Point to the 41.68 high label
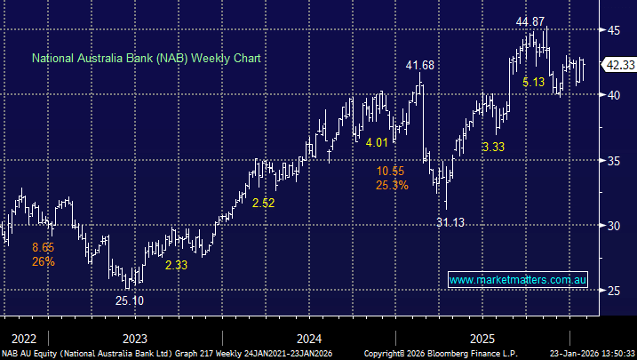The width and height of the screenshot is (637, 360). pos(419,66)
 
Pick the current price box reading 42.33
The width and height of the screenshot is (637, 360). pos(618,64)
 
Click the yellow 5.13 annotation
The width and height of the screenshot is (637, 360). pos(534,82)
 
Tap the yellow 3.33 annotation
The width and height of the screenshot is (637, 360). pos(493,146)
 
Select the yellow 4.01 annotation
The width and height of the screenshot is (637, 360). pos(377,142)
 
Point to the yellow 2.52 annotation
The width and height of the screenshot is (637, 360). pos(264,203)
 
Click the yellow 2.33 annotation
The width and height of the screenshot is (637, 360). pos(175,264)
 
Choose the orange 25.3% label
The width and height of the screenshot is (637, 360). pos(392,186)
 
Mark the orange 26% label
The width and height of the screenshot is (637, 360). pos(44,262)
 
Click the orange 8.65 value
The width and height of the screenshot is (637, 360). pos(44,248)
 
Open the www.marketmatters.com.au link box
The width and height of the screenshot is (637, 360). pos(518,280)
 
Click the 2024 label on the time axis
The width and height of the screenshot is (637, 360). pos(308,339)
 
